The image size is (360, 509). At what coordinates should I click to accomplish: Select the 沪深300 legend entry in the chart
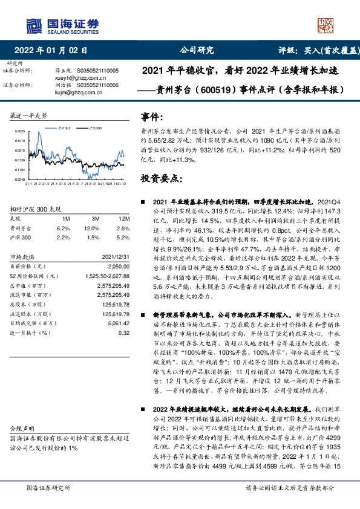93,129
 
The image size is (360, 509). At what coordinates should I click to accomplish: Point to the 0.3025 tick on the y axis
20,131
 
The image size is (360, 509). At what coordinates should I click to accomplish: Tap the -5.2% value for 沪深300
121,238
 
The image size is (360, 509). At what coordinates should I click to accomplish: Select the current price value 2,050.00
118,266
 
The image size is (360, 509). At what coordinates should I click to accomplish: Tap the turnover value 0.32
124,333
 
